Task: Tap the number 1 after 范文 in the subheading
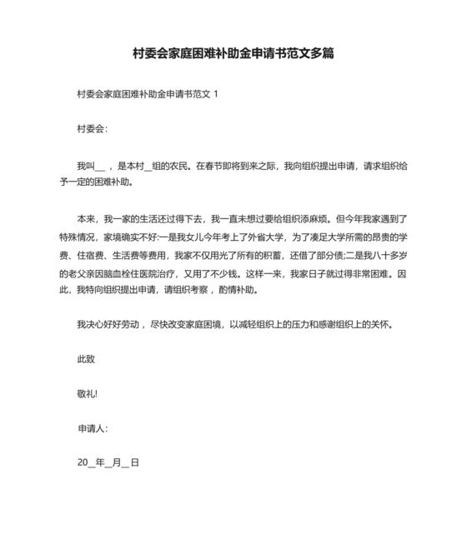pyautogui.click(x=216, y=94)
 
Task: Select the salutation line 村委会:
pyautogui.click(x=91, y=129)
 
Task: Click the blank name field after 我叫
pyautogui.click(x=101, y=166)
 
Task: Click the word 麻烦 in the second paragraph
pyautogui.click(x=313, y=220)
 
